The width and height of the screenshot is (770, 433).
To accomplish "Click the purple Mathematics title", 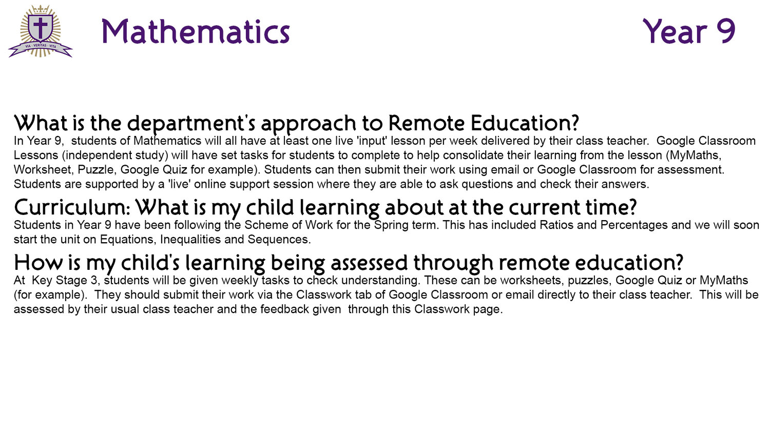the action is tap(196, 32).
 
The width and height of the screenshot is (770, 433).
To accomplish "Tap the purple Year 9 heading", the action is tap(688, 31).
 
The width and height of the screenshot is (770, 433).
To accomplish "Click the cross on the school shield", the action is tap(40, 27).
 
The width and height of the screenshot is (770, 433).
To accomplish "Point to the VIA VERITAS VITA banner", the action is tap(40, 48).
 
